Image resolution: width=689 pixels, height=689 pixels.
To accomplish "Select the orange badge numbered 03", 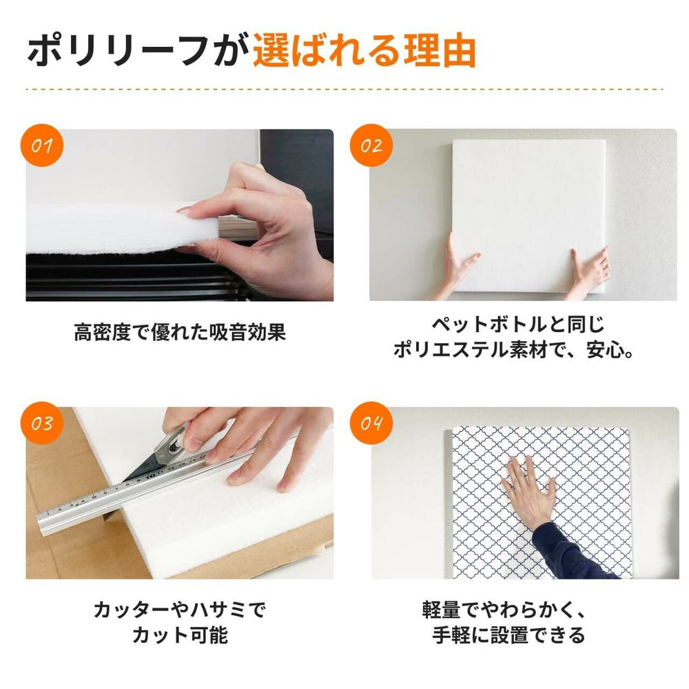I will [x=43, y=423].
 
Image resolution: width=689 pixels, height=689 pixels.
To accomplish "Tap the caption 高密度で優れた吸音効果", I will [x=179, y=333].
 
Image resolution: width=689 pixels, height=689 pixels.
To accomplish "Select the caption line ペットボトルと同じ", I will [x=518, y=324].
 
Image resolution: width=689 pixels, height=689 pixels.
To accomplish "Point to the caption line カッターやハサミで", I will [x=179, y=609].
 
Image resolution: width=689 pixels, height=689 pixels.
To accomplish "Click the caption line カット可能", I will [x=179, y=635].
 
